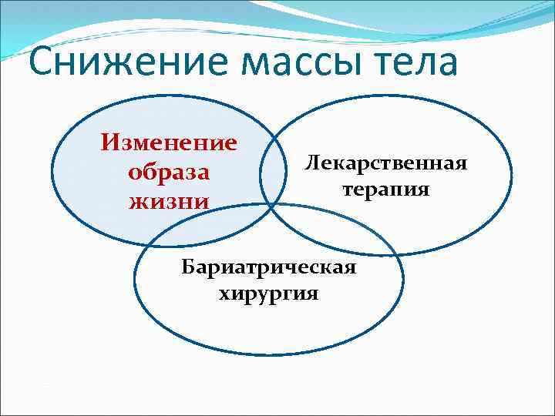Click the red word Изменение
point(169,143)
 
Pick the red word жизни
point(169,201)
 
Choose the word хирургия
point(268,294)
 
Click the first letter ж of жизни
point(136,202)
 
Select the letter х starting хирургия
point(224,294)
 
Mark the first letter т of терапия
point(347,190)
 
